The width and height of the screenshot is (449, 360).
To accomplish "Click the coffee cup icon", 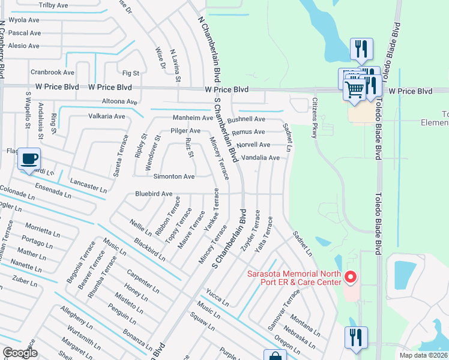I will tap(29, 160).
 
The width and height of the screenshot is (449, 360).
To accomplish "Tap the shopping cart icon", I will tap(355, 89).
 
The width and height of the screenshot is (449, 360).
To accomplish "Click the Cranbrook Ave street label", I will tap(52, 72).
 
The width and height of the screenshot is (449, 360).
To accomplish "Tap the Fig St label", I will tap(130, 73).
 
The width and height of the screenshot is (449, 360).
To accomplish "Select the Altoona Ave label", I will tap(120, 101).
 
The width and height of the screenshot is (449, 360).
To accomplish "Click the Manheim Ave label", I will tap(193, 118).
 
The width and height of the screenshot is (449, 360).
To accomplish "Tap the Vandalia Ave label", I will tap(261, 158).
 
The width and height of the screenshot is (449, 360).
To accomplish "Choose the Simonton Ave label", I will tap(174, 177).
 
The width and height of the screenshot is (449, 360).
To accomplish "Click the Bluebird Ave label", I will tap(154, 194).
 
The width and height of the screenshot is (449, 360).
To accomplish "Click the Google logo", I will tap(20, 352).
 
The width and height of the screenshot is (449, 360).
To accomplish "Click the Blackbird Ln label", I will tap(149, 248).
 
